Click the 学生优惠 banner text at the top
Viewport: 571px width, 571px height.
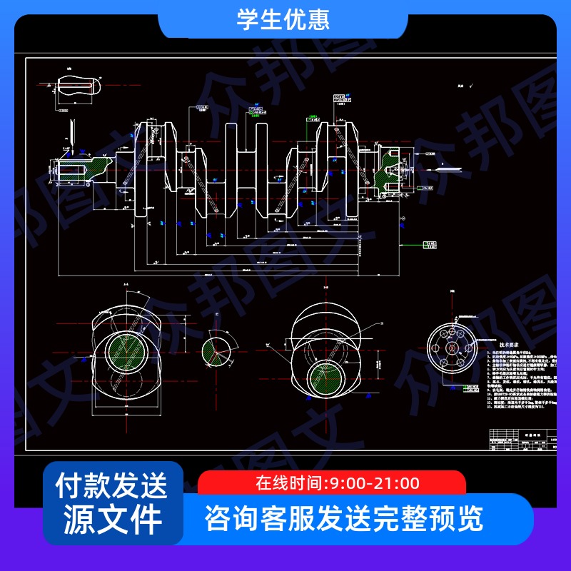[283, 19]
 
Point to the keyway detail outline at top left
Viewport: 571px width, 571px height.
[78, 85]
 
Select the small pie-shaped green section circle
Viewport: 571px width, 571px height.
[216, 349]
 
